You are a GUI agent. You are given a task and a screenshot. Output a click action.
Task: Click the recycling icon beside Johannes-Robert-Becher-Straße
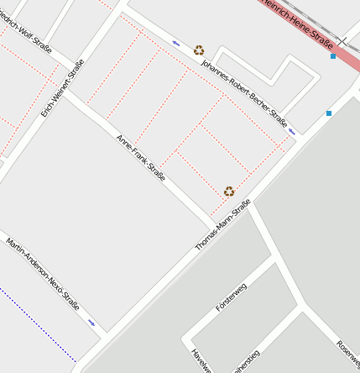(x=199, y=50)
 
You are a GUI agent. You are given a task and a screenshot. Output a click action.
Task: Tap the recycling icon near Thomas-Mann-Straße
(x=229, y=192)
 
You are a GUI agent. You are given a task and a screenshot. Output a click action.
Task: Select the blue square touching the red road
(x=334, y=56)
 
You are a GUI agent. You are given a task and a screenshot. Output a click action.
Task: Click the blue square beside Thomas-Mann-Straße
(x=329, y=113)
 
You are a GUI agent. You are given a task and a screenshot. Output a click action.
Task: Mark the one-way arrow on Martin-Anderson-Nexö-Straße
(x=91, y=322)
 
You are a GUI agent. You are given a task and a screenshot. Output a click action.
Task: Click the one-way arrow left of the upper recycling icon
(x=176, y=42)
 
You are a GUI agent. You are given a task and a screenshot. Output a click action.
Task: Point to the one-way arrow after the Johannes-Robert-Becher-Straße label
(x=291, y=131)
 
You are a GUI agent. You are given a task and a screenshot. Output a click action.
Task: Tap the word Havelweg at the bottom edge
(x=200, y=360)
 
